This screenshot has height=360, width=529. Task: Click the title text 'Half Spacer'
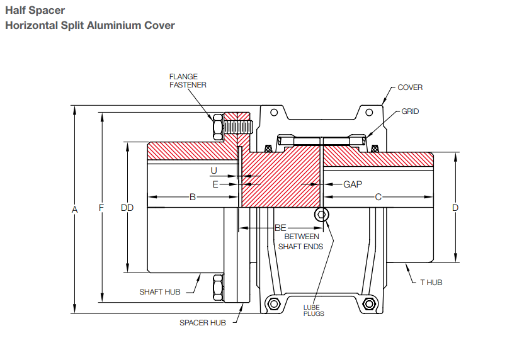(x=35, y=11)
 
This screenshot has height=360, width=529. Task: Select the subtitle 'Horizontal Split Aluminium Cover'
(x=89, y=26)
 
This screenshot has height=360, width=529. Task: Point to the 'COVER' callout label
(x=410, y=87)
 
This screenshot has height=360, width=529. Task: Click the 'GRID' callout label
(x=410, y=111)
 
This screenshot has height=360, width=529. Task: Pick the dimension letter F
(x=101, y=208)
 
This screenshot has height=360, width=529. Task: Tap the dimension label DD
(x=127, y=208)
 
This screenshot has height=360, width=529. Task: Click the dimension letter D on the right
(x=455, y=207)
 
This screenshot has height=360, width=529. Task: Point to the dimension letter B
(x=193, y=197)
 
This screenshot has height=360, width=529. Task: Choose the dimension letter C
(x=378, y=197)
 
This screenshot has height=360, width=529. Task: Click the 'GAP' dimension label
(x=353, y=184)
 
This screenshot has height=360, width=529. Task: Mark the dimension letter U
(x=214, y=171)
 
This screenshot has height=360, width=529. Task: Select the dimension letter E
(x=215, y=184)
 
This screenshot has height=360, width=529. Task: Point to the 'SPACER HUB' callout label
(x=202, y=323)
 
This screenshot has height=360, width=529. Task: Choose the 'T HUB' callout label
(x=431, y=283)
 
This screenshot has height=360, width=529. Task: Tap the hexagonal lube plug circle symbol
(x=322, y=215)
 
